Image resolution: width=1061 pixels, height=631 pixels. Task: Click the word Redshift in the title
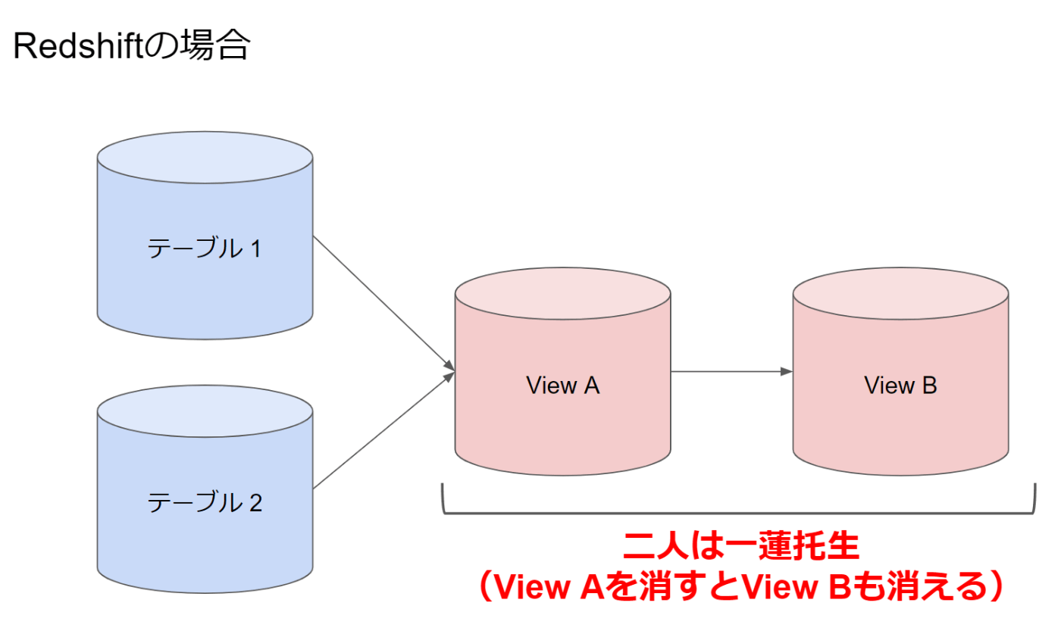(78, 46)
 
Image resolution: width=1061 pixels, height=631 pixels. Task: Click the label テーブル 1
(204, 248)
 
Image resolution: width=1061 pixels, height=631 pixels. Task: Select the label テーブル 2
(204, 501)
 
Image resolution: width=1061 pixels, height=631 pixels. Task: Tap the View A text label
(562, 385)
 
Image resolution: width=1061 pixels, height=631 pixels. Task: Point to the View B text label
(900, 385)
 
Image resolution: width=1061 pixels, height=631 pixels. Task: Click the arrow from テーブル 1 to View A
(383, 304)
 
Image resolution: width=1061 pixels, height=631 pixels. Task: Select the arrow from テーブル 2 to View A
(383, 430)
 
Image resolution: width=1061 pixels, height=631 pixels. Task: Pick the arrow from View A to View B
(732, 372)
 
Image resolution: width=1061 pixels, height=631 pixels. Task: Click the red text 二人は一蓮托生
(740, 546)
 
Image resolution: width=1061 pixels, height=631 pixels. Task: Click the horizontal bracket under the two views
(739, 513)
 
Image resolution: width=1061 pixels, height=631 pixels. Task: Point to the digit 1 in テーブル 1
(256, 248)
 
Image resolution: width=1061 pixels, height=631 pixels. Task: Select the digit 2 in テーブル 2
(256, 502)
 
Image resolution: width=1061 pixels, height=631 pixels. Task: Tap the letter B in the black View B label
(929, 385)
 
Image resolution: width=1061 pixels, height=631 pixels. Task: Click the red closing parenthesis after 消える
(996, 586)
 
